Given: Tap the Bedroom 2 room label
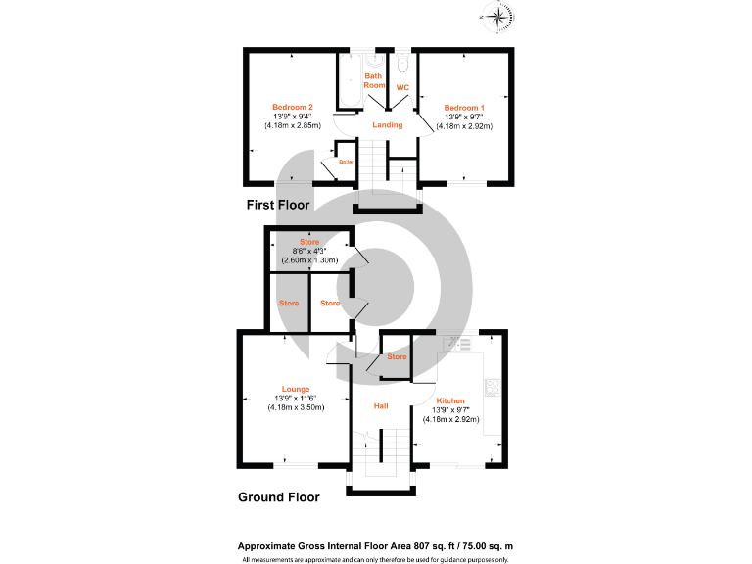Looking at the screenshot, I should (x=292, y=107).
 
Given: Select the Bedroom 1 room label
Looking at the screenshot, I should (x=464, y=107).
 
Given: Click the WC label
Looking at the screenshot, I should (x=401, y=88).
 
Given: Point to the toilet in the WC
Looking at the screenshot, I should (x=403, y=66).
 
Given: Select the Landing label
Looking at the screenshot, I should (x=387, y=125).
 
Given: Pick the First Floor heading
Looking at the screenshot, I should (x=278, y=206).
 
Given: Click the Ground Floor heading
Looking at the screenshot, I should (x=279, y=496).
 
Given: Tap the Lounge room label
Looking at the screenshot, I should (x=296, y=389).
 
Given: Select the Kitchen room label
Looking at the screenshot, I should (x=450, y=400).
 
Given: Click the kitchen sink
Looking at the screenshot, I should (x=455, y=344).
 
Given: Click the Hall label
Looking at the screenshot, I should (x=382, y=404).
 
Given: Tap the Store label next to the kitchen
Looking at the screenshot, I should (x=397, y=357).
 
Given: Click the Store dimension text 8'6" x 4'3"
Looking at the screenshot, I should (x=309, y=251).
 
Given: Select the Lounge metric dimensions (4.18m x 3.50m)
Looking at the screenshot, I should (x=296, y=407).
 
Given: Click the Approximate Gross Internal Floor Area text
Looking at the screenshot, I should (x=376, y=546).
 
